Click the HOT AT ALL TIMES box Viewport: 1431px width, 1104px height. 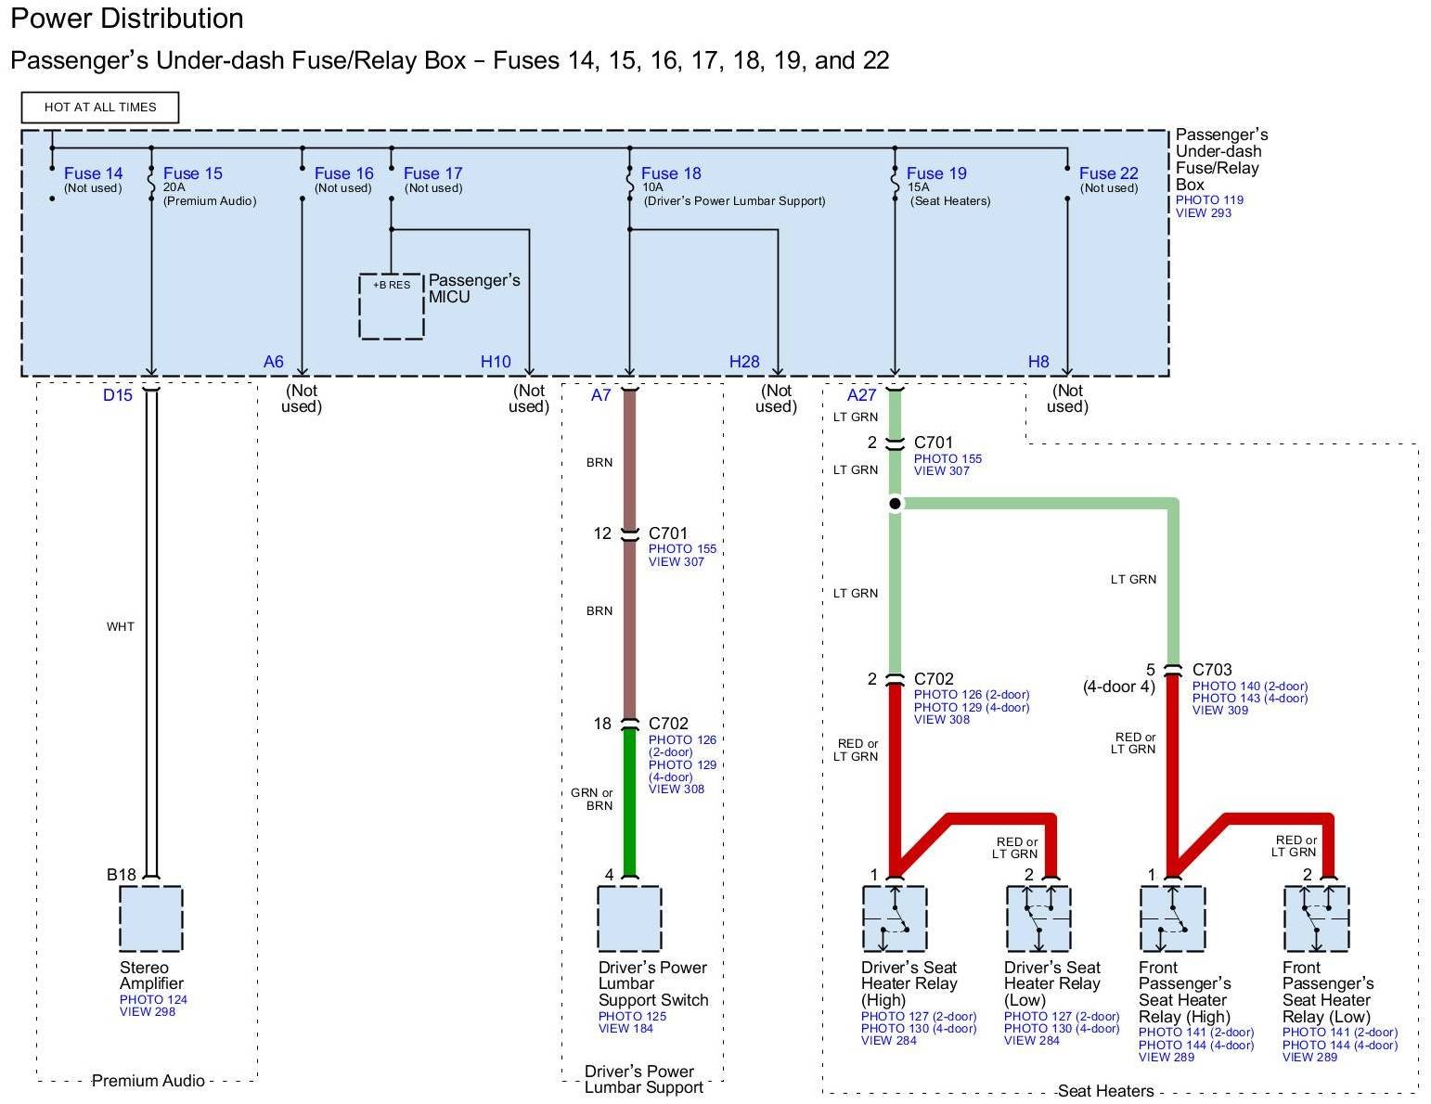[x=100, y=108]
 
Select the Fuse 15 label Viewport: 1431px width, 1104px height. [x=192, y=173]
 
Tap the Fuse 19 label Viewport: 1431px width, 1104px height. [x=935, y=173]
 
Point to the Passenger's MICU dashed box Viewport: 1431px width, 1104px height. [x=392, y=306]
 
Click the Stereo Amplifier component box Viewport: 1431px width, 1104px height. [x=150, y=918]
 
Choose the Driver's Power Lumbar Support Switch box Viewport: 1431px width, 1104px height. [x=629, y=918]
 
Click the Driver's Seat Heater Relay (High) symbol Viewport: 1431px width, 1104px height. [x=895, y=918]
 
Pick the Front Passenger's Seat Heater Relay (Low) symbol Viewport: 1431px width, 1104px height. [x=1316, y=918]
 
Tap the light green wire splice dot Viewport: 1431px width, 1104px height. [x=895, y=504]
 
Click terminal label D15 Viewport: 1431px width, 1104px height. [x=118, y=395]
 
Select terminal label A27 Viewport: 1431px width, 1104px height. [x=861, y=395]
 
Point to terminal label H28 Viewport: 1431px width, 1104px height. [x=744, y=362]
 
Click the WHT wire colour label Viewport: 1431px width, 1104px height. [x=120, y=627]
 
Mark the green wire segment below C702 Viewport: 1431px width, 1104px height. [x=629, y=802]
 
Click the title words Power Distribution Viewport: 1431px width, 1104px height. [x=127, y=19]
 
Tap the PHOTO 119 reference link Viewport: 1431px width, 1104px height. [x=1209, y=200]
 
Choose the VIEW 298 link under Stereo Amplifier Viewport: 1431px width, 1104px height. [x=148, y=1011]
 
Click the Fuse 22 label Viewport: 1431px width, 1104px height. [x=1108, y=173]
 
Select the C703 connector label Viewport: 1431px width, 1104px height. [x=1212, y=670]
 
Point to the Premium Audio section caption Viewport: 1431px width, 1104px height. [x=148, y=1081]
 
